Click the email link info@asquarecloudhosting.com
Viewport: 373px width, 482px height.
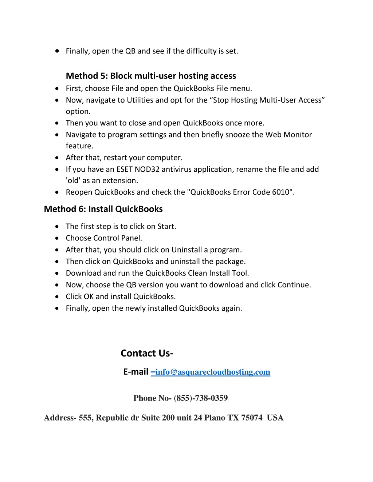[213, 372]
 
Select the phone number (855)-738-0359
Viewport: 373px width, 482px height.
[201, 398]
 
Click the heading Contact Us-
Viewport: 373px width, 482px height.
[147, 353]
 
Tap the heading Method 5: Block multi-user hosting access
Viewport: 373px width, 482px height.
[151, 76]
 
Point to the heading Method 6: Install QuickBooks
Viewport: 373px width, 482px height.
[103, 209]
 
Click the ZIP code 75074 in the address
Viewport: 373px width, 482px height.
[252, 418]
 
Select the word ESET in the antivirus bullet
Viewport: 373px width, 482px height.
[125, 170]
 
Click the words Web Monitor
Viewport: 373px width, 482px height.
[288, 135]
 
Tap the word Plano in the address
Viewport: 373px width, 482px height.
[215, 418]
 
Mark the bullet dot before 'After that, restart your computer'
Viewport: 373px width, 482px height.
[57, 158]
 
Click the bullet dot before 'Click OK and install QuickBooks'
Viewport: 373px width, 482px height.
[57, 297]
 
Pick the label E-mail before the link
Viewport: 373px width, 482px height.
[136, 372]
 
